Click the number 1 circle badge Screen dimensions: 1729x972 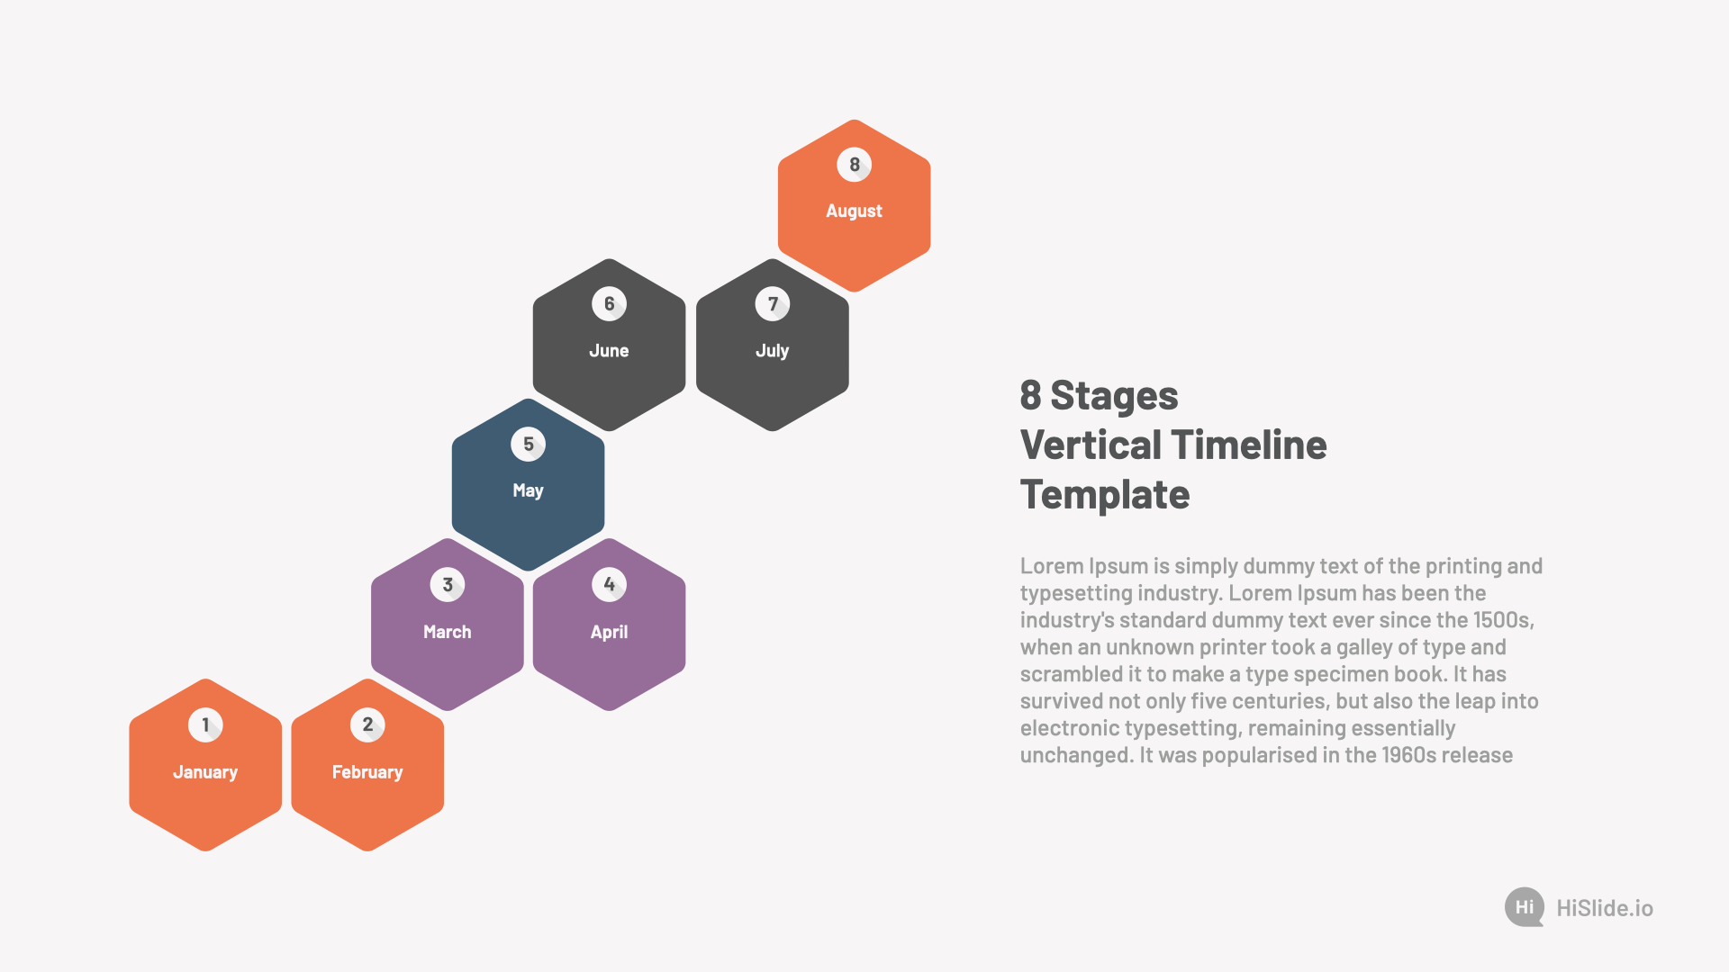(205, 724)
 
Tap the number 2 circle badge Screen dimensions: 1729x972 (367, 724)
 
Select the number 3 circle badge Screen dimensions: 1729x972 (448, 585)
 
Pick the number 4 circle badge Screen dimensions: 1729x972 (610, 585)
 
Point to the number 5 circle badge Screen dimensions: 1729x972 (529, 444)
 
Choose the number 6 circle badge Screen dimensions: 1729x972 (610, 304)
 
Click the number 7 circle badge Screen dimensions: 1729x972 (773, 304)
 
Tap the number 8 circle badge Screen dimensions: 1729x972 (855, 165)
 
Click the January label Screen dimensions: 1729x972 (205, 772)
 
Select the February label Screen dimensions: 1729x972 (367, 772)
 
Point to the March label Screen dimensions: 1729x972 (448, 632)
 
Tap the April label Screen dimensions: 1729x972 (610, 633)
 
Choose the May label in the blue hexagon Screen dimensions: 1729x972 (529, 491)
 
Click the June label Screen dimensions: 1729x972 (610, 351)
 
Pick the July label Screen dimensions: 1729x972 (773, 351)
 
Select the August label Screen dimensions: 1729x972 (855, 211)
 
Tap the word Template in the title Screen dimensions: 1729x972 (1105, 495)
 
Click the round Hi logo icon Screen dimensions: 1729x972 (1525, 907)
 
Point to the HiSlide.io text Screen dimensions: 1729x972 (1605, 908)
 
